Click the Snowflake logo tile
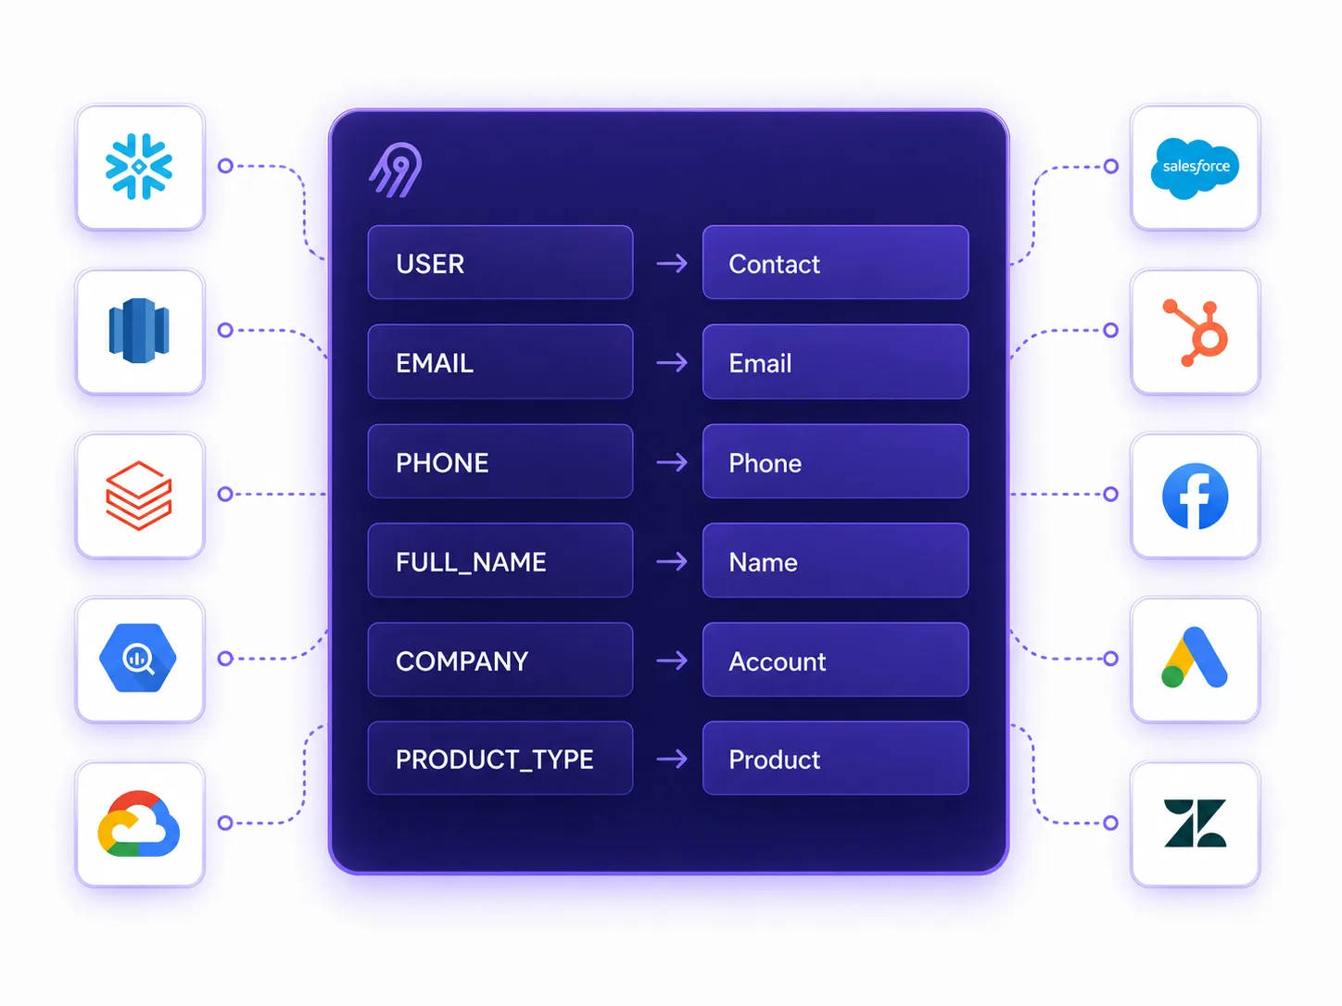139,167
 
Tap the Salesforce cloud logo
1195,168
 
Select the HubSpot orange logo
1196,333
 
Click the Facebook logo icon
1195,496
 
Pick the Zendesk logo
1195,823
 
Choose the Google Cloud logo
139,824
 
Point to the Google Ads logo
1194,657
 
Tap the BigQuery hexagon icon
138,657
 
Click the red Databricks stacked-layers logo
139,496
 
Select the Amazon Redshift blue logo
139,331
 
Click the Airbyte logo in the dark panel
396,170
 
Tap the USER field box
500,263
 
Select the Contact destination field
835,263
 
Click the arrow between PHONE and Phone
671,462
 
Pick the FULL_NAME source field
500,560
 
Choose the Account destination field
835,660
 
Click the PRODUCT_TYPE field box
500,758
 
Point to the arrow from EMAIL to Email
671,363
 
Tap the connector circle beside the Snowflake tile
225,166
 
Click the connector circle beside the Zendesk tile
1111,823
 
